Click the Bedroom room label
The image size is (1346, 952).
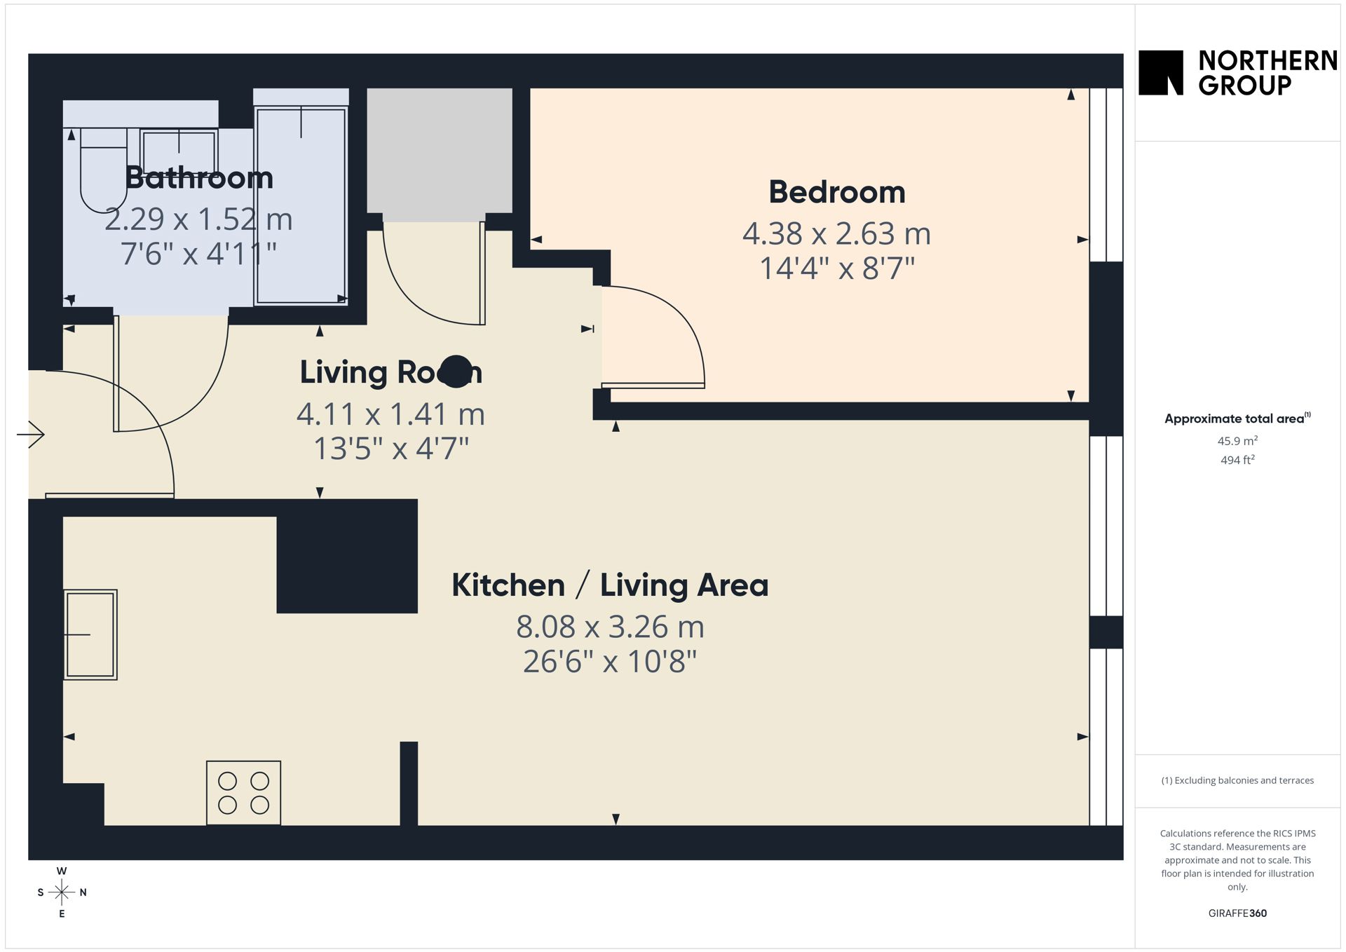pyautogui.click(x=837, y=192)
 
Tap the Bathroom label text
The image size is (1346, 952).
pyautogui.click(x=199, y=177)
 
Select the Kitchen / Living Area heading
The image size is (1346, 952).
pyautogui.click(x=610, y=585)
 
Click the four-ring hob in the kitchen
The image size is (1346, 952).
pyautogui.click(x=243, y=793)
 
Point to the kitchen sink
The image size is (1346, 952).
pyautogui.click(x=90, y=634)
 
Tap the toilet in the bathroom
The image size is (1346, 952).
pyautogui.click(x=103, y=170)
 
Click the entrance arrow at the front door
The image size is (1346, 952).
pyautogui.click(x=31, y=435)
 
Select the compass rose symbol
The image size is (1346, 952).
pyautogui.click(x=62, y=892)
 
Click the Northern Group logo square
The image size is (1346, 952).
pyautogui.click(x=1161, y=72)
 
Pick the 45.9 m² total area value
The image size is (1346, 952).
pyautogui.click(x=1237, y=441)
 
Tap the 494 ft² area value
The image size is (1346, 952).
pyautogui.click(x=1237, y=460)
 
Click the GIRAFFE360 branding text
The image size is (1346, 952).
pyautogui.click(x=1237, y=913)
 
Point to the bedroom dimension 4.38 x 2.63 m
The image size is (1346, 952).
pyautogui.click(x=837, y=233)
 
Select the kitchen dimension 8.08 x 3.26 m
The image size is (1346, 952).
pyautogui.click(x=610, y=627)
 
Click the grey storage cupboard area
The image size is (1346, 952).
pyautogui.click(x=440, y=151)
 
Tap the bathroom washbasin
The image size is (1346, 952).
pyautogui.click(x=179, y=151)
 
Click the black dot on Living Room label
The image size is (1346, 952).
pyautogui.click(x=456, y=372)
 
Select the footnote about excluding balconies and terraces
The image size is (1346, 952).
pyautogui.click(x=1237, y=780)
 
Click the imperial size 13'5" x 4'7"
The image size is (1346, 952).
pyautogui.click(x=391, y=449)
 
